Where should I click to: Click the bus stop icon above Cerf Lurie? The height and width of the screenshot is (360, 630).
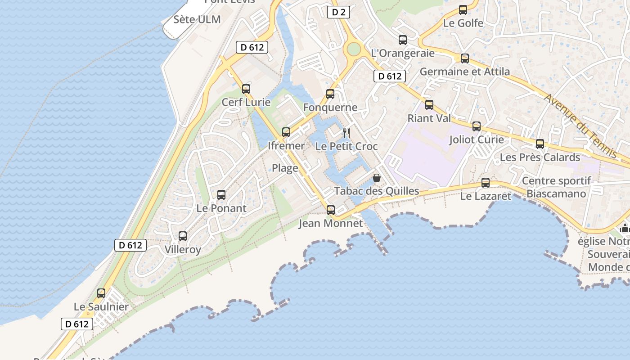(x=246, y=89)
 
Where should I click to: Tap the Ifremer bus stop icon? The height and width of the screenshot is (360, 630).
(x=286, y=132)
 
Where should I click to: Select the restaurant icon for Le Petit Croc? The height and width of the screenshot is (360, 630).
(x=346, y=133)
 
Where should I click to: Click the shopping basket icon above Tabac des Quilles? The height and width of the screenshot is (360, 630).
(x=377, y=178)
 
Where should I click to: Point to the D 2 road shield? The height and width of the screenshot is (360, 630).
(x=338, y=12)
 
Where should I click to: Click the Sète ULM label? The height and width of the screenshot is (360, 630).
(x=197, y=19)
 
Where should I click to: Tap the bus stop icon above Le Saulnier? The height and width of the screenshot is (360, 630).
(x=101, y=293)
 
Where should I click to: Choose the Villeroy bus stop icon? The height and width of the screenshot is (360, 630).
(x=183, y=236)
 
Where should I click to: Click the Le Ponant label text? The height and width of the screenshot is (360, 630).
(x=221, y=208)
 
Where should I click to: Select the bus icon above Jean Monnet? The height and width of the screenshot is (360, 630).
(x=331, y=210)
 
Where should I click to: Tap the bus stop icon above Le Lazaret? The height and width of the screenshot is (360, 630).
(x=486, y=183)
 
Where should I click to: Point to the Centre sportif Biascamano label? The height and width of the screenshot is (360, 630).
(x=556, y=187)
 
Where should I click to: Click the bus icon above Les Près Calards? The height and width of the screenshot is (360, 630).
(x=540, y=144)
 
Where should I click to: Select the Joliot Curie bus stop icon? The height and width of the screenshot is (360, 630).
(x=477, y=126)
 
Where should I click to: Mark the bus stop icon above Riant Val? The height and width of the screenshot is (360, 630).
(x=429, y=105)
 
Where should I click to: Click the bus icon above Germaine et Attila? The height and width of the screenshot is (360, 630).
(x=465, y=58)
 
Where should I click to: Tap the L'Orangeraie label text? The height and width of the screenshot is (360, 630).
(x=403, y=53)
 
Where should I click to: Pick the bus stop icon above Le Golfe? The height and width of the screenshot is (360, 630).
(x=463, y=10)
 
